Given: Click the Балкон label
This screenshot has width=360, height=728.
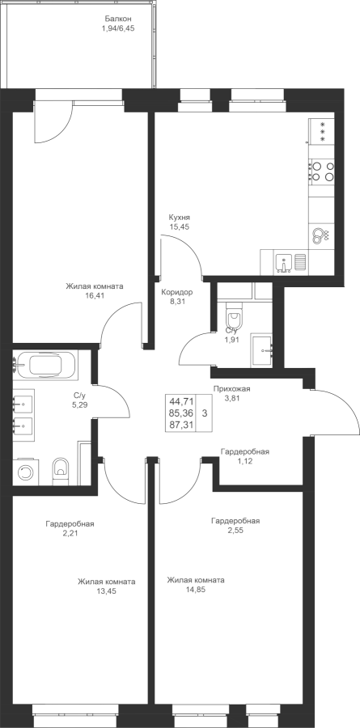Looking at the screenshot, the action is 118,19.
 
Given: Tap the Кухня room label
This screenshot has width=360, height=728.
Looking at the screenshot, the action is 180,218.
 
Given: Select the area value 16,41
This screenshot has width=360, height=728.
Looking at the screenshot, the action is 95,294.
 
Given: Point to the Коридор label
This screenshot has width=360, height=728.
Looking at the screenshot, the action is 176,293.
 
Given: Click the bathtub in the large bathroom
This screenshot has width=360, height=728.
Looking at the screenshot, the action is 45,365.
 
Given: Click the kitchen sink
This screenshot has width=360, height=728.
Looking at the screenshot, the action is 283,261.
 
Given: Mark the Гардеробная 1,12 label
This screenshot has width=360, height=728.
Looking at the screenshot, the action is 245,456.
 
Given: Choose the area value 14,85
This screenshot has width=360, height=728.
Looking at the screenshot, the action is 196,590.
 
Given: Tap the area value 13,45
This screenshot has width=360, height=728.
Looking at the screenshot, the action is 106,591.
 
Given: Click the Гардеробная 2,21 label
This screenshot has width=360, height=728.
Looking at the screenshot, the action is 70,528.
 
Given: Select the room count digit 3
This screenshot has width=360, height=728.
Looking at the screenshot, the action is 205,413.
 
